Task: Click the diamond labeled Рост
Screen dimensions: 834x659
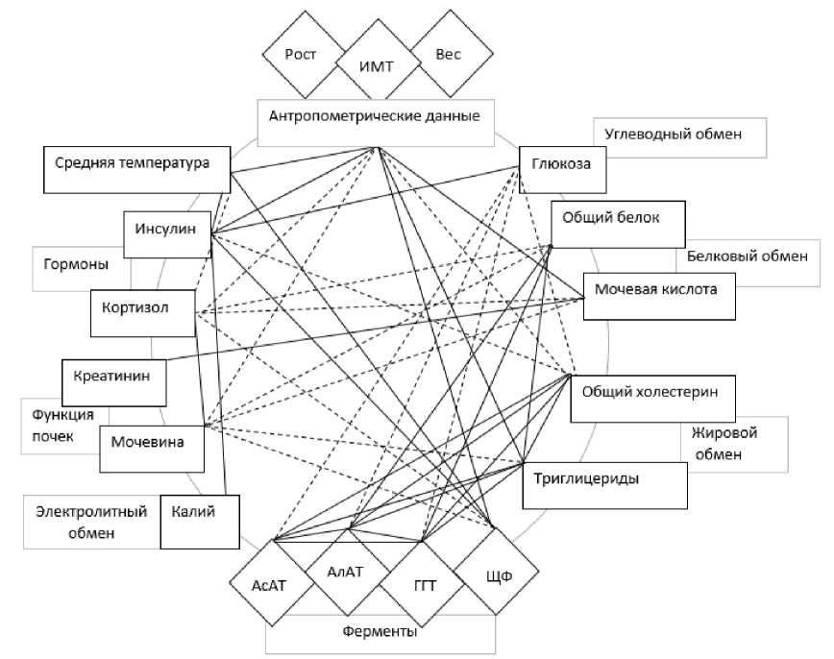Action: coord(300,54)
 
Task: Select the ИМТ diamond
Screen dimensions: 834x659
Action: coord(377,67)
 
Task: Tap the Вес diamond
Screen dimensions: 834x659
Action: coord(448,54)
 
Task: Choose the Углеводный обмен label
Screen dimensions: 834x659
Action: coord(673,134)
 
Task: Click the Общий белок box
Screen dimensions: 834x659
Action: coord(618,224)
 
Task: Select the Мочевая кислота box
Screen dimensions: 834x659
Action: coord(659,296)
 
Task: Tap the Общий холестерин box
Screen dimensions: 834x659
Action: coord(652,399)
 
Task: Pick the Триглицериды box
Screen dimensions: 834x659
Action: coord(604,485)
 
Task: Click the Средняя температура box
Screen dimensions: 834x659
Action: coord(136,170)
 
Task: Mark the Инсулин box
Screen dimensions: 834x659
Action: coord(167,234)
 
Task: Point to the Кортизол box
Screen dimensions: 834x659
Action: coord(142,313)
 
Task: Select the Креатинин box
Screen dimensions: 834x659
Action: coord(113,383)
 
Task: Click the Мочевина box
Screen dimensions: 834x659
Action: coord(152,449)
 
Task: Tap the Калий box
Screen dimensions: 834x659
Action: coord(200,522)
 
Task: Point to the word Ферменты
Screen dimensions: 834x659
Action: coord(380,632)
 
